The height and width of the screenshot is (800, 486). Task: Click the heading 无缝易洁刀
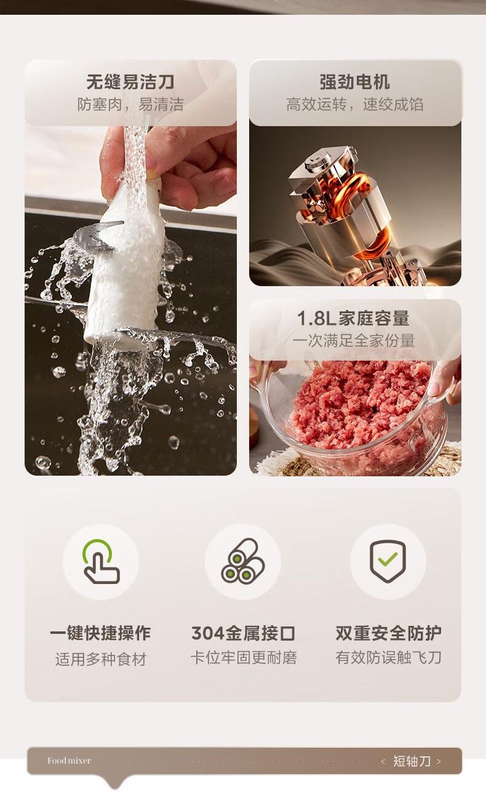[130, 82]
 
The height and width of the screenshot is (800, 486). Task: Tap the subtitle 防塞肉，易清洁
[130, 104]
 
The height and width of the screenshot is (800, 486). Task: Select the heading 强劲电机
[354, 82]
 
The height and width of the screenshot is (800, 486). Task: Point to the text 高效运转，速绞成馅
[354, 104]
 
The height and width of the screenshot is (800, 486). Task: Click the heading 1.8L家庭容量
[353, 318]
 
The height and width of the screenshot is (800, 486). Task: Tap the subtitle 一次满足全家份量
[353, 340]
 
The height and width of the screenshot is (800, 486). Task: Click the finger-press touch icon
[101, 561]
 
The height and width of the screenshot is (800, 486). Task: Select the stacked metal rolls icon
[243, 561]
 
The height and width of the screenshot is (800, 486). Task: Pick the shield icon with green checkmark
[388, 561]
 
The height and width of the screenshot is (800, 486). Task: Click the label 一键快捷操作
[100, 633]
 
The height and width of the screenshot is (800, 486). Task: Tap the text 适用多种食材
[101, 659]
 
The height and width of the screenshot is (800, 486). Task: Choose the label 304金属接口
[243, 633]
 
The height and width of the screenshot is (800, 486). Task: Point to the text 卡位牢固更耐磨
[244, 657]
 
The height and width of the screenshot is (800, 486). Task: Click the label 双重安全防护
[389, 633]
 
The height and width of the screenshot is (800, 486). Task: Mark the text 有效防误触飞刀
[389, 657]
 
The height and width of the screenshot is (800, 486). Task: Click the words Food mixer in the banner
[70, 761]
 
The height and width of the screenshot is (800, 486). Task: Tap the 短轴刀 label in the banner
[412, 761]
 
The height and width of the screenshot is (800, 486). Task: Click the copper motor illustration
[357, 214]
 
